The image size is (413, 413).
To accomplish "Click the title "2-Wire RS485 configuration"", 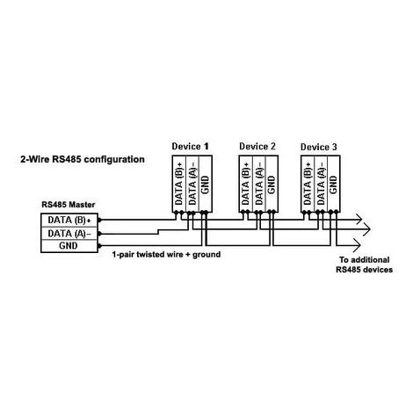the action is click(x=83, y=159).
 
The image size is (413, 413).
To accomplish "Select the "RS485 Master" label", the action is click(x=69, y=205).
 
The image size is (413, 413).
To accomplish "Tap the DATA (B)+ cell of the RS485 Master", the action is click(x=69, y=220).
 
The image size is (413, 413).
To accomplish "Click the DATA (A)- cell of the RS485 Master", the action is click(x=69, y=234).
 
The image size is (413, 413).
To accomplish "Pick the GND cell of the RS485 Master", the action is click(x=69, y=246).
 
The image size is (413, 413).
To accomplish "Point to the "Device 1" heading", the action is click(x=191, y=146).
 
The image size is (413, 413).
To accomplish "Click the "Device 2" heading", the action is click(x=257, y=146).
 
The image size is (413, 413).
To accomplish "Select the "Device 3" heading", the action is click(x=319, y=147).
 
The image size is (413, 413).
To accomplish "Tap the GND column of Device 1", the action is click(x=206, y=184).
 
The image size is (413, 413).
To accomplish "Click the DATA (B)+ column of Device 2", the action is click(x=245, y=184).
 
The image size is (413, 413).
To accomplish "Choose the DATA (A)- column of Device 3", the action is click(x=321, y=184).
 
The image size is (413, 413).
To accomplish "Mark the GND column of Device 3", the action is click(x=333, y=184).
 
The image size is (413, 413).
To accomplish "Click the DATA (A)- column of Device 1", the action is click(x=192, y=184).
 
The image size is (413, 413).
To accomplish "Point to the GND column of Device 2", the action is click(x=272, y=184).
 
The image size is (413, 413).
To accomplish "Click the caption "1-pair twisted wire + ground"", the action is click(x=166, y=254).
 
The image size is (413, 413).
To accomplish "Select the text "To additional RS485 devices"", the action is click(x=364, y=264).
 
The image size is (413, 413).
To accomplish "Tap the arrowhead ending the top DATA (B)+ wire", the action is click(x=359, y=219).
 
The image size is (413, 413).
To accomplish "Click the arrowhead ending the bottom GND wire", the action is click(x=358, y=245).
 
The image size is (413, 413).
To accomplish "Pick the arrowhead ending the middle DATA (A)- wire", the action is click(x=367, y=228).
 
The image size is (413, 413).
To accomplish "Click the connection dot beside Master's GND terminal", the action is click(x=99, y=246).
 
